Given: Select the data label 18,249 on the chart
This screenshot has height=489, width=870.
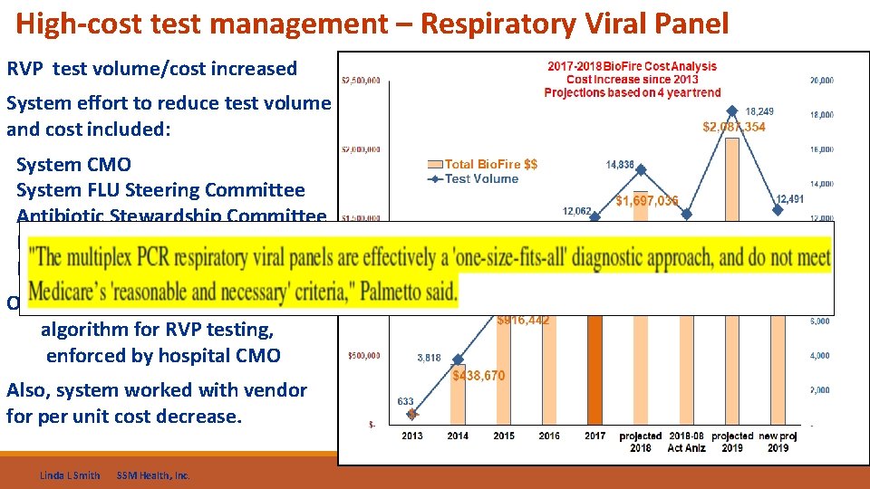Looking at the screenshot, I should (x=759, y=111).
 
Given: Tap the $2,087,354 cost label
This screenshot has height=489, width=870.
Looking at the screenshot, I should (x=733, y=127).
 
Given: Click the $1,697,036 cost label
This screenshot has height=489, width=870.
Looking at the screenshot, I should (x=646, y=200).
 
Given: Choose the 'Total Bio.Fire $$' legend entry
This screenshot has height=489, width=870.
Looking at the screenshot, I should (x=490, y=164).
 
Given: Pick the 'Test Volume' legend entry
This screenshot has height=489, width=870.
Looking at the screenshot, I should (x=481, y=178).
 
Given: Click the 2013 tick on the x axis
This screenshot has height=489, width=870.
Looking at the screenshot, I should (x=412, y=436).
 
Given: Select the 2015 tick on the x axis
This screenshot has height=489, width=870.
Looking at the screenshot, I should (x=504, y=436).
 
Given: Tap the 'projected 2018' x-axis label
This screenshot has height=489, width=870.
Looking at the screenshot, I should (x=641, y=441).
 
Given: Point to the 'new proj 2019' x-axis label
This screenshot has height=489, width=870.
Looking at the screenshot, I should (x=778, y=441).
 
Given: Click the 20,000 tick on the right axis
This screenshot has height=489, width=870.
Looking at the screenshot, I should (x=821, y=81).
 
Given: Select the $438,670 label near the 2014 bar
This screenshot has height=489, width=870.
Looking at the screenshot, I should (x=479, y=376).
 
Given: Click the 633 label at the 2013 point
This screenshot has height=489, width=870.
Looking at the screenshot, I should (x=405, y=401).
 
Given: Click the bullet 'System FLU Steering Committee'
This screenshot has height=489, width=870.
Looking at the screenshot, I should (x=160, y=190).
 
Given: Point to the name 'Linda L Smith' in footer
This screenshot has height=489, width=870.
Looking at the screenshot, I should (x=71, y=475).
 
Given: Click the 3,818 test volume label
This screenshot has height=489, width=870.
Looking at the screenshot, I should (x=429, y=358).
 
